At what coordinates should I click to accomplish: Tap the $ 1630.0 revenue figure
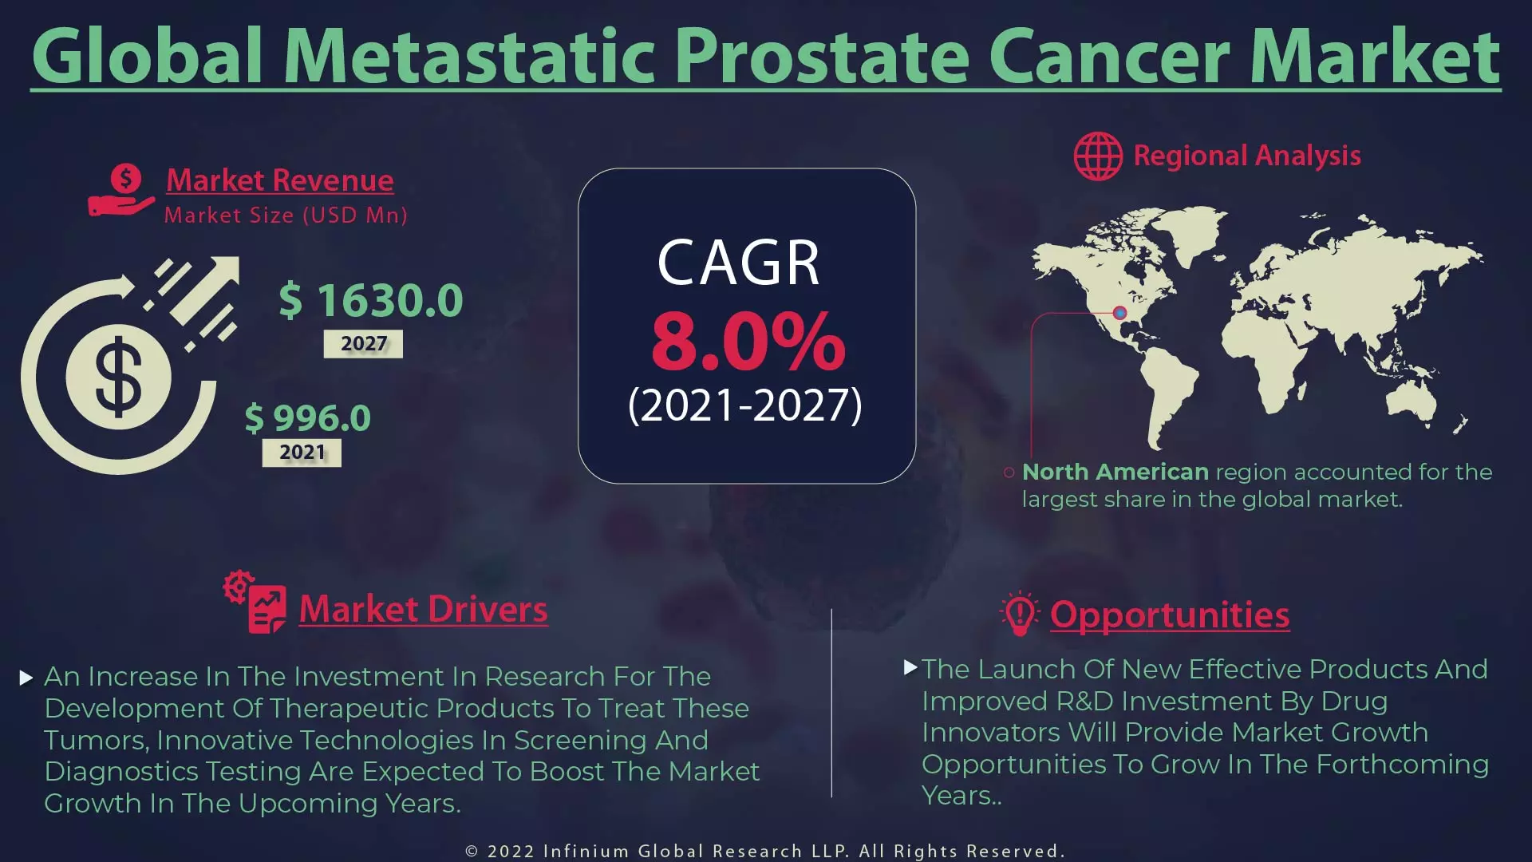(371, 301)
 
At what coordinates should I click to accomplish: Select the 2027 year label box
(363, 344)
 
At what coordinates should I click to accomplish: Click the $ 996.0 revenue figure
(308, 418)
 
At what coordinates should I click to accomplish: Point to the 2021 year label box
(302, 453)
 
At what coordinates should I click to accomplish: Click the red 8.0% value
(748, 342)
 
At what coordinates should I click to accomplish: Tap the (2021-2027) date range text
(745, 405)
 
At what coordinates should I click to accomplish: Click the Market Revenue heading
(279, 180)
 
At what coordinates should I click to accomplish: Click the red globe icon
(1098, 156)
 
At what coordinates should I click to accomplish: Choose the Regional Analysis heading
(1247, 156)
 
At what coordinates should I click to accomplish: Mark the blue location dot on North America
(1119, 313)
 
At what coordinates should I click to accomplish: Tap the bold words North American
(1115, 473)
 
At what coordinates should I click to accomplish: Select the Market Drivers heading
(423, 610)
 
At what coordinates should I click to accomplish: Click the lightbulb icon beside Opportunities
(1019, 613)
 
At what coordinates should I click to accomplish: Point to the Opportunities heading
(1170, 615)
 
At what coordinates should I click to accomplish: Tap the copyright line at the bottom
(765, 851)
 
